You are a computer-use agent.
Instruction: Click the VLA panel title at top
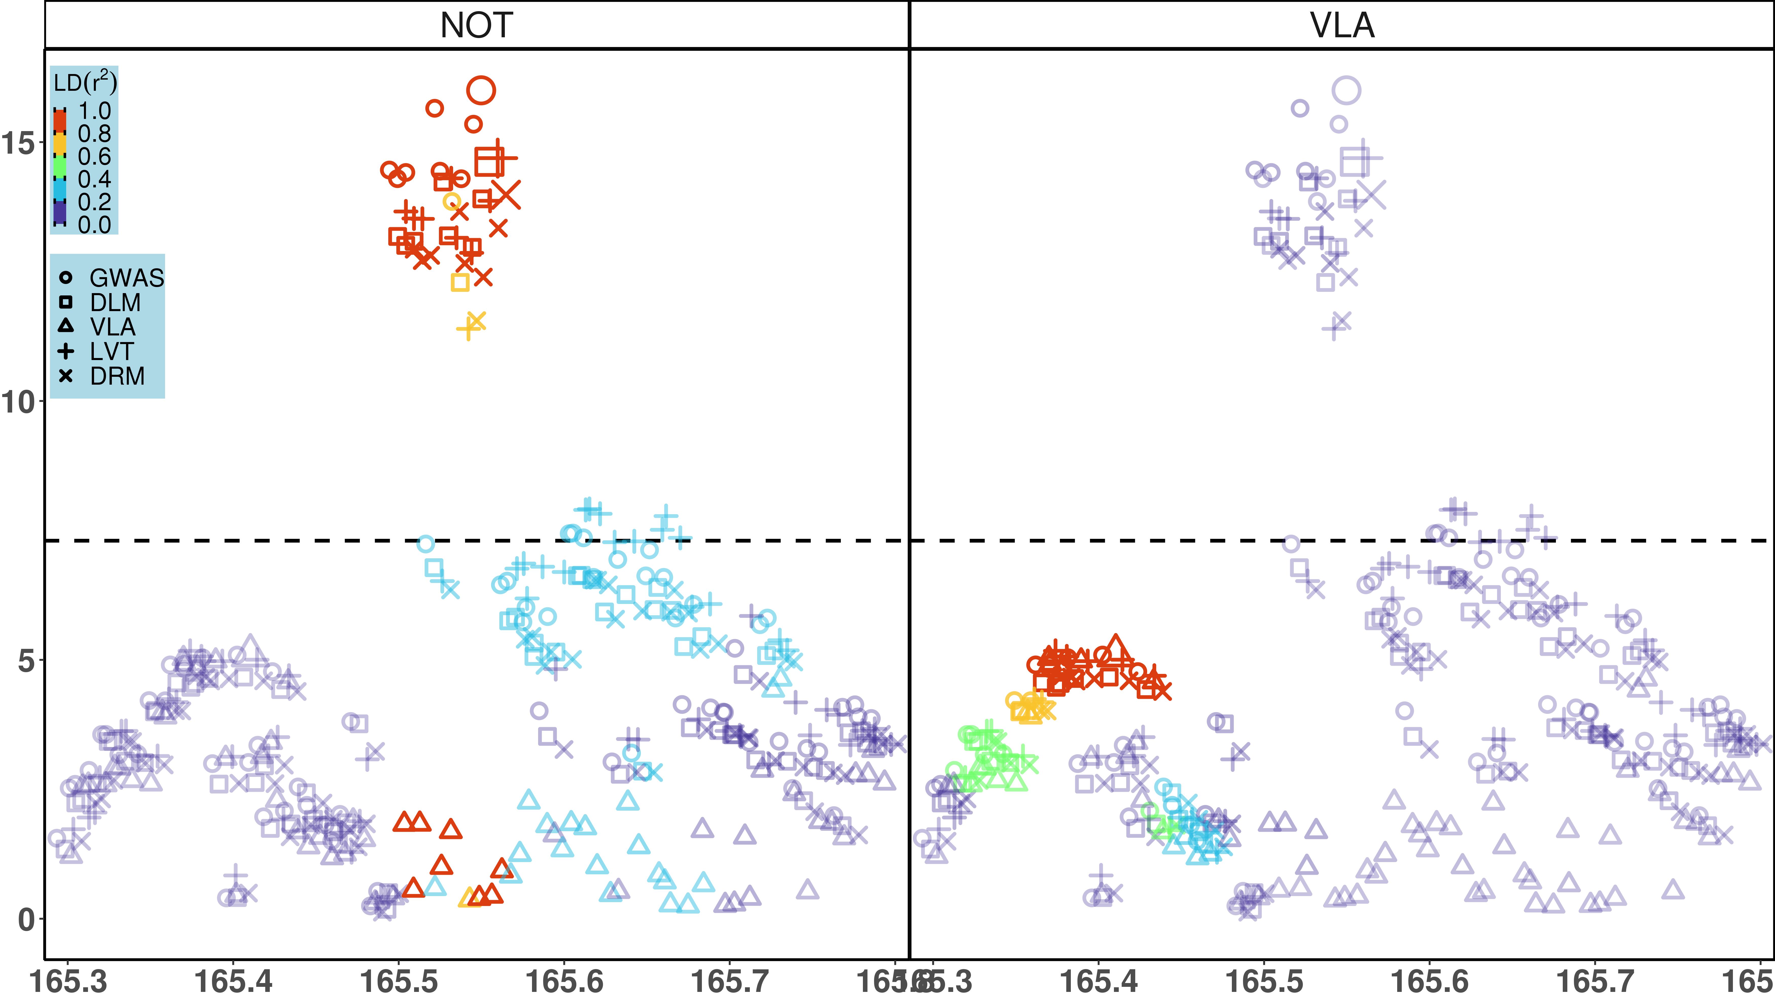click(1342, 26)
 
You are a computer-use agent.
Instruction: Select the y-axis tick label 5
click(26, 660)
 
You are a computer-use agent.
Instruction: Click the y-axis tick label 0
click(26, 919)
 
